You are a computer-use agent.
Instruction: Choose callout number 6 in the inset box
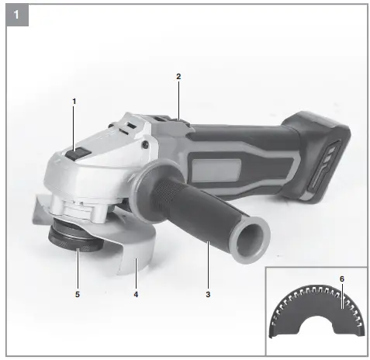341,279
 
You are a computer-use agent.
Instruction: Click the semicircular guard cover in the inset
318,318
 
